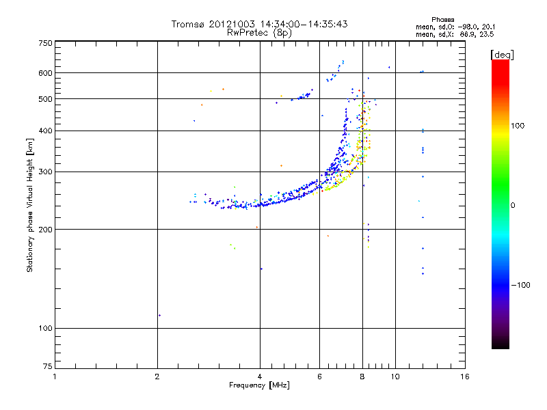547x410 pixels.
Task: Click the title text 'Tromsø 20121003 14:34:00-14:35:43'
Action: tap(259, 25)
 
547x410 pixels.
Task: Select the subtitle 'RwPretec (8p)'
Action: tap(259, 32)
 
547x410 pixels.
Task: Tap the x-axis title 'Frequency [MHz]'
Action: tap(259, 385)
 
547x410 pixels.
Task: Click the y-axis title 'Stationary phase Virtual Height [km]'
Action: tap(30, 206)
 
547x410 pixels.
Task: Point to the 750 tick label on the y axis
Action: tap(45, 43)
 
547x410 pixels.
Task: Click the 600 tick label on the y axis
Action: tap(45, 73)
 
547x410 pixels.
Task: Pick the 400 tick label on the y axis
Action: tap(45, 131)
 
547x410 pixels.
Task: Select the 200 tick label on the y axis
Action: tap(45, 230)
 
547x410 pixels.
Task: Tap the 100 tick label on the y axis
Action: tap(45, 329)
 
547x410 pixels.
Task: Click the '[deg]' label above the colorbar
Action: tap(502, 54)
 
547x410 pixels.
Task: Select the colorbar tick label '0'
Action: tap(513, 205)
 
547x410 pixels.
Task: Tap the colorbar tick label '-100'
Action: tap(520, 285)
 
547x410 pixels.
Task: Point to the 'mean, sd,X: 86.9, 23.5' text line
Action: tap(454, 33)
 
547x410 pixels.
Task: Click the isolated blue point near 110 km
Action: tap(159, 315)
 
